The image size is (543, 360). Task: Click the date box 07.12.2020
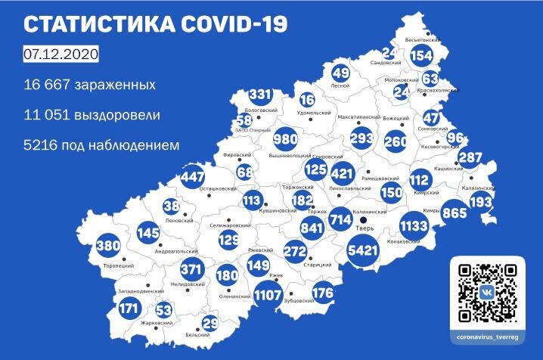pos(61,56)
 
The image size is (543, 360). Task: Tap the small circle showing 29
pos(211,324)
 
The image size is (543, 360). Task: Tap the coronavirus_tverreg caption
pos(489,334)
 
